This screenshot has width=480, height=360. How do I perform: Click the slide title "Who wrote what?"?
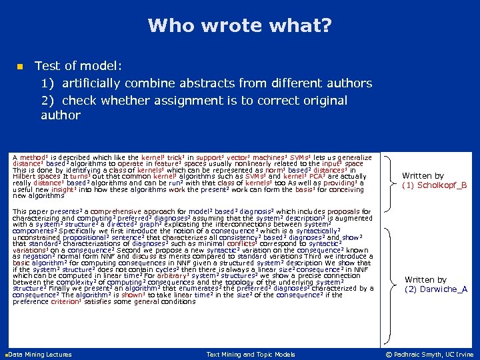click(x=239, y=26)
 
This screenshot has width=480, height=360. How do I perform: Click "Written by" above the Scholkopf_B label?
click(x=423, y=175)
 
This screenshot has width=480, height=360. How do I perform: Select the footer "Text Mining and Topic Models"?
click(x=251, y=354)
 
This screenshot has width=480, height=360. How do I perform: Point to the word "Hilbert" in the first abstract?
click(x=26, y=176)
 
